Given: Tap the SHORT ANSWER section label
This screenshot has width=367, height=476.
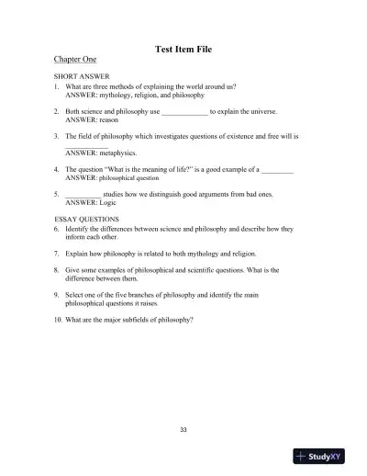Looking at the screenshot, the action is click(80, 77).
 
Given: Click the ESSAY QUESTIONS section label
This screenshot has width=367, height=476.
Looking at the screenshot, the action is click(87, 220).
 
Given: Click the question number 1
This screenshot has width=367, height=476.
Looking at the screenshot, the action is click(57, 85).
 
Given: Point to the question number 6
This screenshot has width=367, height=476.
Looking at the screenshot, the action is click(57, 228).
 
